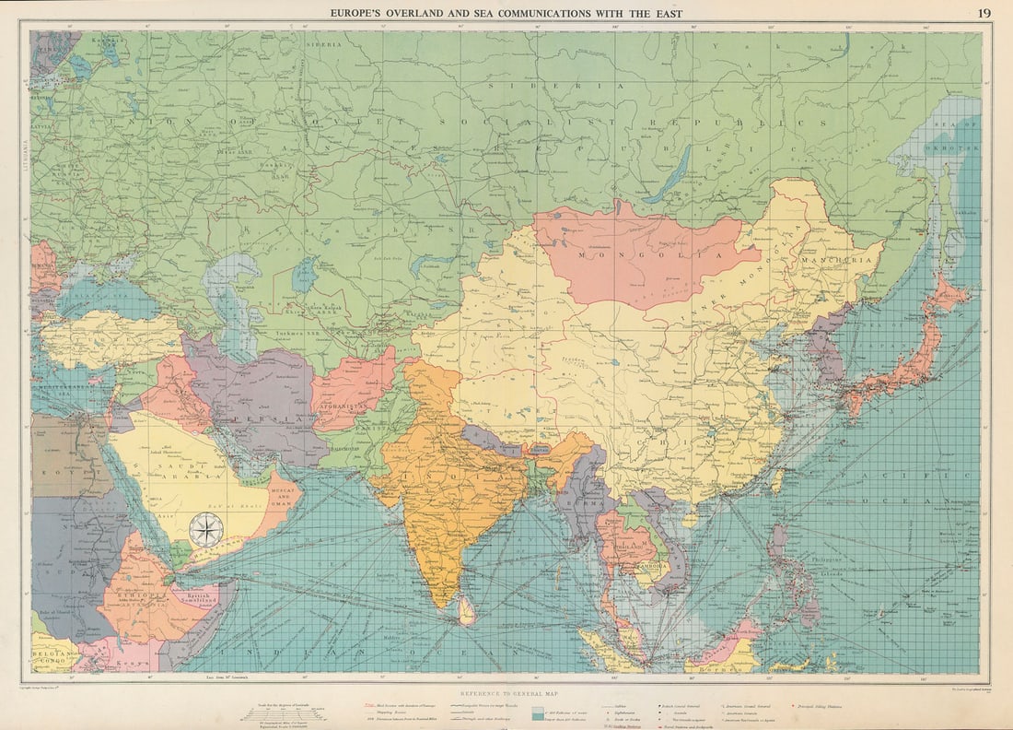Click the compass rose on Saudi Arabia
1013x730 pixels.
[206, 530]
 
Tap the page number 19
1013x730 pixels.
[984, 12]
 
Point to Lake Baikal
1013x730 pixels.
[670, 175]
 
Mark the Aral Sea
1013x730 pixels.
[303, 274]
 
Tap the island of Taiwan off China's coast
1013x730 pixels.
[780, 478]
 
